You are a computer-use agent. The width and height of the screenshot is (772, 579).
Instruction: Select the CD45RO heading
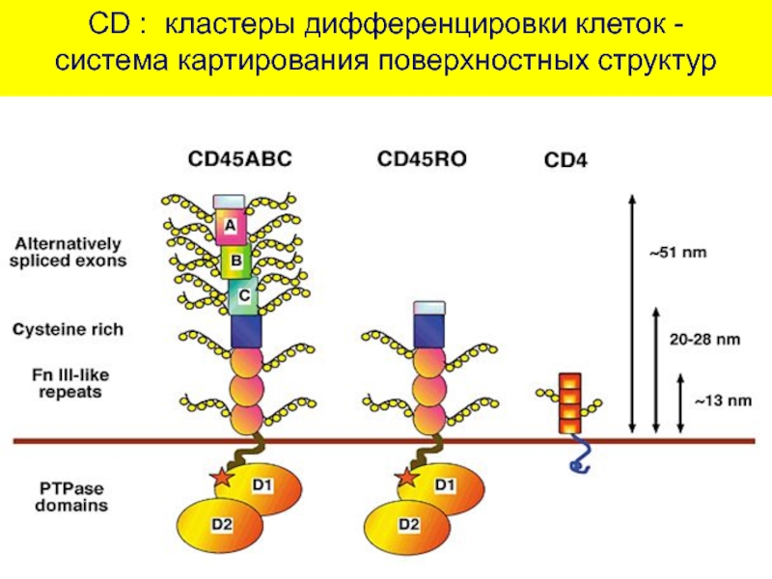click(422, 157)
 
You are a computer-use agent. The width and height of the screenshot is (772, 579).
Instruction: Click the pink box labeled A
click(230, 226)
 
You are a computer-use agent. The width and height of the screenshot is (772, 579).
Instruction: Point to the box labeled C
click(244, 296)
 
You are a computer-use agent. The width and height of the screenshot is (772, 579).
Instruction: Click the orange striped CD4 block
click(571, 402)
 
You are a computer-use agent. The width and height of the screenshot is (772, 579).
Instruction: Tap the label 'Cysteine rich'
click(82, 329)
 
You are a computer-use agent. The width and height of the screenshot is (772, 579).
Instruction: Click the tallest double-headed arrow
click(630, 313)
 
